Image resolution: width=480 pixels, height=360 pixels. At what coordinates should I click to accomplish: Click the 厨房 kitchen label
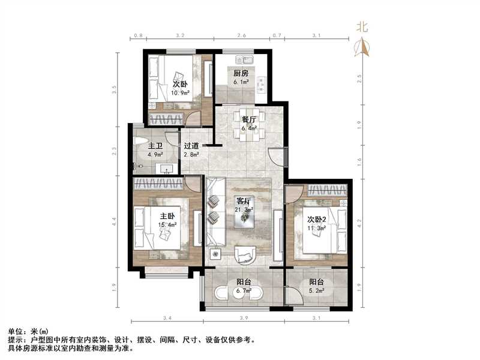tap(241, 74)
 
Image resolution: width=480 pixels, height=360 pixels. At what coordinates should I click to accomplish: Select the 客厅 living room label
tap(244, 201)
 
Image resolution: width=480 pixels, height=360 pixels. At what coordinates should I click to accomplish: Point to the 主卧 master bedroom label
tap(167, 216)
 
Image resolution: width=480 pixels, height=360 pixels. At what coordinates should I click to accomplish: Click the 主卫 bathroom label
tap(155, 146)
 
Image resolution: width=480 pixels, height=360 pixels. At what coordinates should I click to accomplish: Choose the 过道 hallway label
tap(191, 146)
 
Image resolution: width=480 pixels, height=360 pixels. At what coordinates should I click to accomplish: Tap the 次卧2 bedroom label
tap(316, 219)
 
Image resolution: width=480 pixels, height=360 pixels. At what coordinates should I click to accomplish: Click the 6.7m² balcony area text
tap(244, 292)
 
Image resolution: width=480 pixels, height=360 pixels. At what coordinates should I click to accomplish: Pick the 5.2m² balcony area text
tap(316, 292)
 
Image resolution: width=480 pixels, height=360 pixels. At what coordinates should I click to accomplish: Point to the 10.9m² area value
tap(181, 93)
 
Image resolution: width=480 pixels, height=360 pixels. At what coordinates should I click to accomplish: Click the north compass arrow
tap(362, 47)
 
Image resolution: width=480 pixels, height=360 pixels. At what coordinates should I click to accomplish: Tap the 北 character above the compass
tap(362, 26)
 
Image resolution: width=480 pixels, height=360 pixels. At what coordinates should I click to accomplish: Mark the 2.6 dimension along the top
tap(241, 36)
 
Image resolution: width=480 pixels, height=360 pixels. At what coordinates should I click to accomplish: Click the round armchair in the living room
tap(245, 256)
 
